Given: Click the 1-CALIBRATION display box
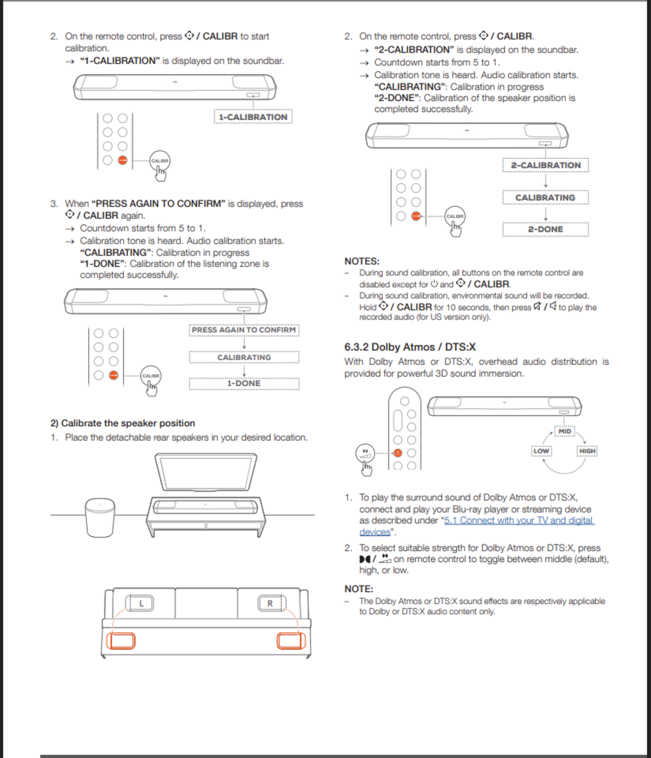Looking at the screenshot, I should pyautogui.click(x=253, y=117).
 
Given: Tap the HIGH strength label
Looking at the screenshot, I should pyautogui.click(x=587, y=451).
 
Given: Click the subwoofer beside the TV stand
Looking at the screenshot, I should pyautogui.click(x=100, y=517).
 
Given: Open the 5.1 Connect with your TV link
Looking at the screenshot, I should pyautogui.click(x=519, y=521).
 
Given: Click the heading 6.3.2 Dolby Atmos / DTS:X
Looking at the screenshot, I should pyautogui.click(x=410, y=347).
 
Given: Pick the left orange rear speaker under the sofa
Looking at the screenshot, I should pyautogui.click(x=121, y=641).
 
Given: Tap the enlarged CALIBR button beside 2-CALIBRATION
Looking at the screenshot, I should pyautogui.click(x=455, y=216).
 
